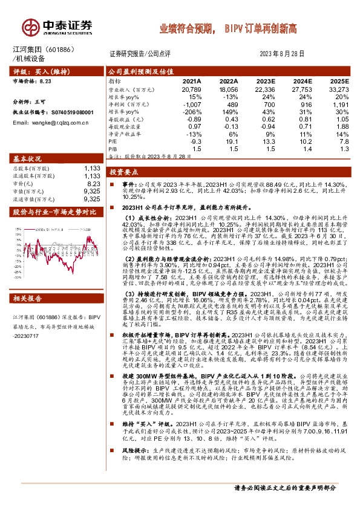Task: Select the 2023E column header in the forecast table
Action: [x=265, y=81]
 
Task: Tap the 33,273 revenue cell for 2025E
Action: [x=339, y=89]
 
